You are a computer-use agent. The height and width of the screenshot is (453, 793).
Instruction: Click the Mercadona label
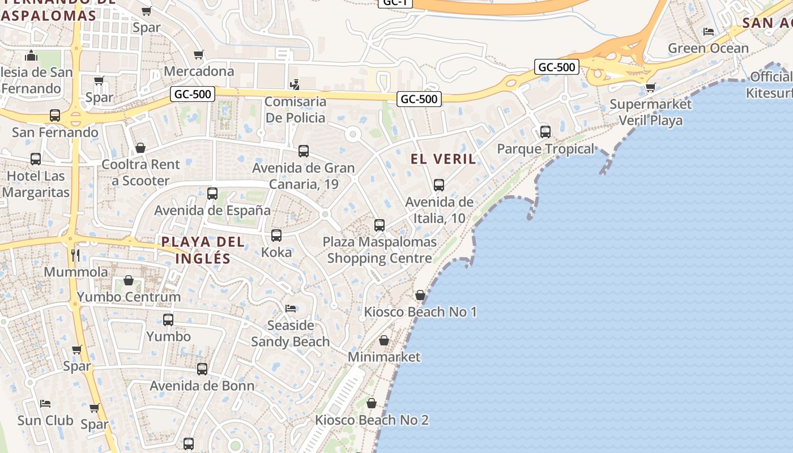(x=199, y=71)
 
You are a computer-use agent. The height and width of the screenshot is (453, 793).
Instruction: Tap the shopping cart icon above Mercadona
(x=198, y=54)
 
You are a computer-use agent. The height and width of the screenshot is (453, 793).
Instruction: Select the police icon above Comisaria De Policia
(x=295, y=85)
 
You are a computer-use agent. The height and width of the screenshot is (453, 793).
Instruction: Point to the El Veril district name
(x=443, y=159)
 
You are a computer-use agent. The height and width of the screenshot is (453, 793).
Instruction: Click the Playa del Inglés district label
(x=203, y=250)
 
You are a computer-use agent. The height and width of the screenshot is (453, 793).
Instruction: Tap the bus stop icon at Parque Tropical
(x=545, y=132)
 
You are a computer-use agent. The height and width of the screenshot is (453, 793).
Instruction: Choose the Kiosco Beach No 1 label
(x=420, y=312)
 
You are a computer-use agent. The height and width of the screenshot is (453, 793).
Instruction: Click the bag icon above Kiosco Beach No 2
(x=372, y=403)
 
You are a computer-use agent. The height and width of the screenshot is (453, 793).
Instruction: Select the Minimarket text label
(x=384, y=357)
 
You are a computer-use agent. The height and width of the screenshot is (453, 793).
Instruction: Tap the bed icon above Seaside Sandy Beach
(x=291, y=309)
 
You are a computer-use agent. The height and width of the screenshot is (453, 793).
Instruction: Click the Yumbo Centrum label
(x=129, y=297)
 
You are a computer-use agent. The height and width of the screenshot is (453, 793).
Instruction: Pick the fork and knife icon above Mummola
(x=75, y=255)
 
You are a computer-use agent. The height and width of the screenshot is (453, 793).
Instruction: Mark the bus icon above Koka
(x=276, y=236)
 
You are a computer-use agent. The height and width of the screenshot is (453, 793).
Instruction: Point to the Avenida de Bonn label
(x=202, y=386)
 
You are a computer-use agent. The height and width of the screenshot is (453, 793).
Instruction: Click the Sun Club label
(x=45, y=421)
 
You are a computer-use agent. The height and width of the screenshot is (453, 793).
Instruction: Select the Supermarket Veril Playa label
(x=650, y=112)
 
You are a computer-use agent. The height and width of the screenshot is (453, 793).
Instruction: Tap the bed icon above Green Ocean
(x=708, y=32)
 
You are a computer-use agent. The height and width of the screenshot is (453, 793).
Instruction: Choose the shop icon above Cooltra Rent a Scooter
(x=140, y=148)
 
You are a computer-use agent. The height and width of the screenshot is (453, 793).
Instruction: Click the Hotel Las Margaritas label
(x=35, y=184)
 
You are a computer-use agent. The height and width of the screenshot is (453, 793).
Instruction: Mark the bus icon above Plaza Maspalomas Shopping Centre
(x=380, y=225)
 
